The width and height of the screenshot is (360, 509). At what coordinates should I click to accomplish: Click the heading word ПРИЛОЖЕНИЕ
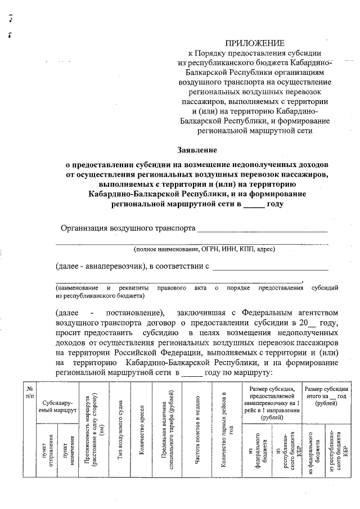pos(255,44)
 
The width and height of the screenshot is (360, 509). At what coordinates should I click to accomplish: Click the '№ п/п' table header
pos(29,392)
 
